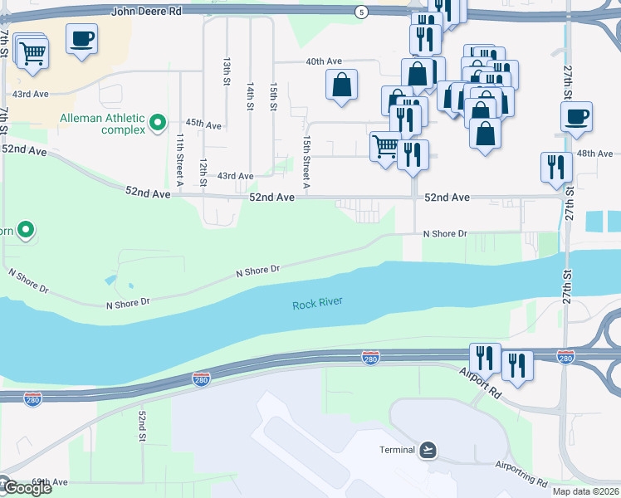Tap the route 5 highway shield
click(x=360, y=12)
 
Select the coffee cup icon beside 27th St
click(x=576, y=117)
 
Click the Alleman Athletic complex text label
click(x=101, y=124)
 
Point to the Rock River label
click(x=317, y=305)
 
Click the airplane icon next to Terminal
click(x=428, y=450)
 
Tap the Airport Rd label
click(x=480, y=382)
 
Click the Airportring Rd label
click(x=521, y=472)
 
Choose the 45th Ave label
click(x=203, y=124)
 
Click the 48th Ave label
click(x=594, y=154)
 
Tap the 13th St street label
click(x=227, y=71)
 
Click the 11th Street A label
click(x=180, y=155)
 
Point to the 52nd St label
click(x=143, y=425)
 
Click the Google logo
click(x=27, y=487)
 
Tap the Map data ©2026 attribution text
click(x=585, y=491)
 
